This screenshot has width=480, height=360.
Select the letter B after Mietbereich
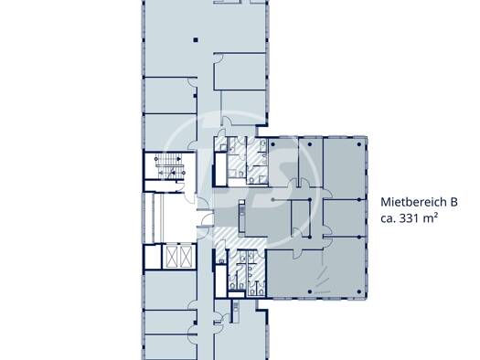[x=453, y=202]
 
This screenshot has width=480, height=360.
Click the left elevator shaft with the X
[x=172, y=256]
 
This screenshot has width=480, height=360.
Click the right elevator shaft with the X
[x=186, y=256]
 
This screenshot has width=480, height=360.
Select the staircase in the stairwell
[x=170, y=165]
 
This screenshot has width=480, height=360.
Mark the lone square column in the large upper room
[x=196, y=40]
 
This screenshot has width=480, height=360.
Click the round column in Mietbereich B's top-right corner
[x=359, y=144]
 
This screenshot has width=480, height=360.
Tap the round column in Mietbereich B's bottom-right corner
[x=359, y=291]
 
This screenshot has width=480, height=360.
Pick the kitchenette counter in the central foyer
[x=242, y=216]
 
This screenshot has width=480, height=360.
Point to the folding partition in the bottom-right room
[x=321, y=273]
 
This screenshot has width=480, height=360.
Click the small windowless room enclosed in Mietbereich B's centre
[x=301, y=217]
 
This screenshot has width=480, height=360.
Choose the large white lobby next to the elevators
[x=174, y=217]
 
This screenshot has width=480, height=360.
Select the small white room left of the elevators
[x=153, y=257]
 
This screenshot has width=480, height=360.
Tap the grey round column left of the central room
[x=272, y=200]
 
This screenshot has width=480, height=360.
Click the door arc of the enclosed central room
[x=297, y=231]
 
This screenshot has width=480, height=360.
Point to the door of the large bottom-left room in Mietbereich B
[x=298, y=254]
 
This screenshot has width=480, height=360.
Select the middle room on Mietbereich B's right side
[x=345, y=217]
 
